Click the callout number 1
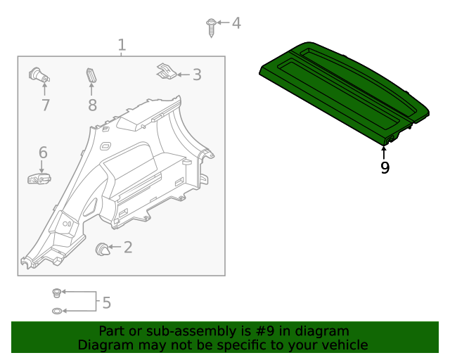click(x=122, y=46)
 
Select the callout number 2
click(x=127, y=247)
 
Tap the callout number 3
click(x=196, y=75)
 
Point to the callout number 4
click(x=236, y=23)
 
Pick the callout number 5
click(x=106, y=303)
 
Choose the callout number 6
click(x=42, y=153)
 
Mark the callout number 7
click(x=45, y=105)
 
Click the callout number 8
click(x=92, y=105)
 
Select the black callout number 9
click(x=385, y=168)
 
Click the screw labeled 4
click(x=210, y=26)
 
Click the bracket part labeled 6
click(x=39, y=180)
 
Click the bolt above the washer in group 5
click(x=58, y=292)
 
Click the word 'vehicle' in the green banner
click(x=345, y=345)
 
